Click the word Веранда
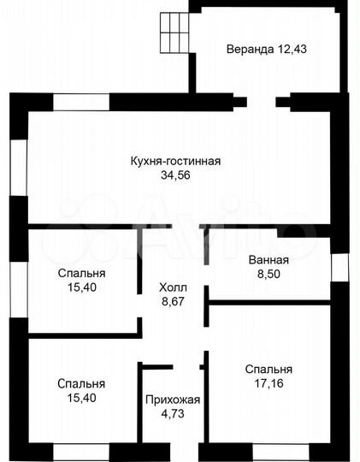coord(249,49)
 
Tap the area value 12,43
coord(292,49)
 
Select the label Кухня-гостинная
coord(176,161)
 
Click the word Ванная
coord(269,260)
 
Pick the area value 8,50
coord(269,275)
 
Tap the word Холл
coord(173,287)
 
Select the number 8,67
coord(173,301)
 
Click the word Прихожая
coord(173,400)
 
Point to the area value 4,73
coord(173,414)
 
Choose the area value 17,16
coord(269,384)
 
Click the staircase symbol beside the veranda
coord(173,33)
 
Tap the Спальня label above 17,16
coord(269,370)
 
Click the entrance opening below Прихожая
coord(173,451)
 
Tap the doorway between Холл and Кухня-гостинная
coord(171,227)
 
